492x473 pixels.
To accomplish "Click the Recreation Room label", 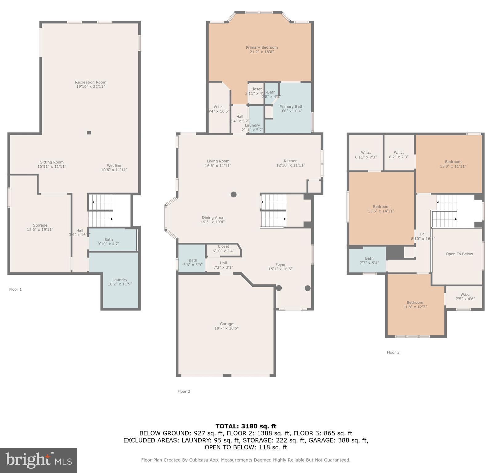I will coord(91,82).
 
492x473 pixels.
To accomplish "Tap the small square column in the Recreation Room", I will coord(89,133).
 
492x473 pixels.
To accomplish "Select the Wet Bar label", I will coord(114,166).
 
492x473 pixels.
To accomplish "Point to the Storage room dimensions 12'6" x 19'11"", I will coord(40,230).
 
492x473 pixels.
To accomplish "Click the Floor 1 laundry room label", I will coord(120,280).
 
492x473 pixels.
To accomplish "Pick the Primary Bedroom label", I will coord(262,47).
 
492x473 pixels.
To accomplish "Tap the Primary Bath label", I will coord(291,107).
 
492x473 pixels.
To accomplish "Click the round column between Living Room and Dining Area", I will coord(233,194).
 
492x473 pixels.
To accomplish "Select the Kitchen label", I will coord(290,161).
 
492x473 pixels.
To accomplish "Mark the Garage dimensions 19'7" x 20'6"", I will coord(226,328).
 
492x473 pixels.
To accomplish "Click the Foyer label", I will coord(280,265).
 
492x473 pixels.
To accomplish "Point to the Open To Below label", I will coord(459,254).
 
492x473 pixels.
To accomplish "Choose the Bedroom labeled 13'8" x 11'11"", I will coord(453,164).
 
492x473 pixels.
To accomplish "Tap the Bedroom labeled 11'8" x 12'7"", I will coord(415,305).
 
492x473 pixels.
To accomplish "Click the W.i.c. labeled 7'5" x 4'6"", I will coord(465,297).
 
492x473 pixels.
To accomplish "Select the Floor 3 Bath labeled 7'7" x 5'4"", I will coord(369,261).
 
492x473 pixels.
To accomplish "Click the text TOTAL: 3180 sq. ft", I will coord(246,426).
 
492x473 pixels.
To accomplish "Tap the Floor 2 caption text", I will coord(184,391).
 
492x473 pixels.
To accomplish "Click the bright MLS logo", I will coord(38,460).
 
